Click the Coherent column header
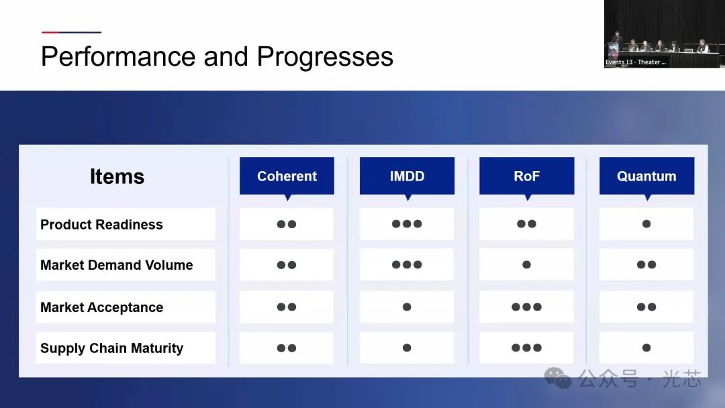287,176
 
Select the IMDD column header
407,176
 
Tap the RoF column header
527,176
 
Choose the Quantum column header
646,176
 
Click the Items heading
117,176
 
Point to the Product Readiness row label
101,225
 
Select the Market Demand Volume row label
117,265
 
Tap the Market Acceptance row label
102,307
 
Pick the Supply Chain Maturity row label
112,348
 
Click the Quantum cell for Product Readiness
646,224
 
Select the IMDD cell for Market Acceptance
407,307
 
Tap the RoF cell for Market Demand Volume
527,265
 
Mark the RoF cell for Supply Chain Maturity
527,348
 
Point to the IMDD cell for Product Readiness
407,224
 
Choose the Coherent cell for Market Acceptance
287,307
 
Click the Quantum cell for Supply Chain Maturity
646,348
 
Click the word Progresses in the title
325,57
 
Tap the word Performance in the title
118,56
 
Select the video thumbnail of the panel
662,34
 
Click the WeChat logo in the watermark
558,378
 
